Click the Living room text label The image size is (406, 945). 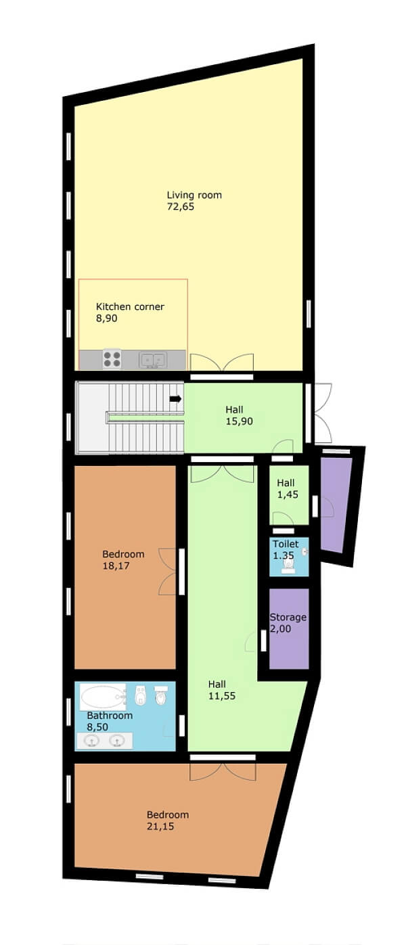pyautogui.click(x=194, y=195)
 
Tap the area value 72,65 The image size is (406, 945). pyautogui.click(x=181, y=207)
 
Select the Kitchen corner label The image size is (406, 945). pyautogui.click(x=130, y=307)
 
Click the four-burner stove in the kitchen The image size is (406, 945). pyautogui.click(x=112, y=359)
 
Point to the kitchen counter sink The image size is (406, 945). pyautogui.click(x=153, y=360)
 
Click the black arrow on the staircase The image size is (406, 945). pyautogui.click(x=175, y=399)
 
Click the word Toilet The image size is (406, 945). pyautogui.click(x=285, y=544)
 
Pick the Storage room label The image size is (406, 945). pyautogui.click(x=288, y=617)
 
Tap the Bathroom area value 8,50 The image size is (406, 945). pyautogui.click(x=98, y=727)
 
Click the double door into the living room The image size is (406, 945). pyautogui.click(x=221, y=363)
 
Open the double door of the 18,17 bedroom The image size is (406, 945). pyautogui.click(x=168, y=572)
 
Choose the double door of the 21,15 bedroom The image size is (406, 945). pyautogui.click(x=222, y=770)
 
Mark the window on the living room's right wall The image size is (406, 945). pyautogui.click(x=309, y=313)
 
